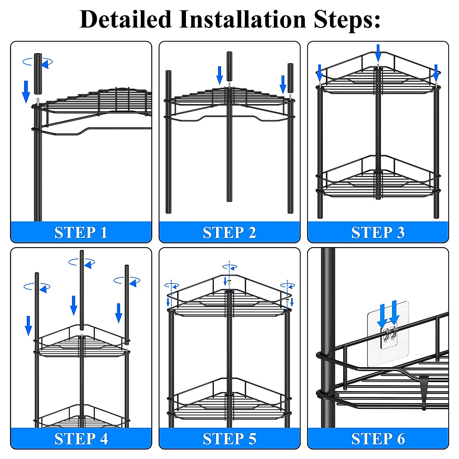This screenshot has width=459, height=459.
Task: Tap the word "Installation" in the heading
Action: [x=243, y=19]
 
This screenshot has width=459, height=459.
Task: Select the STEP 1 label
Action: [x=81, y=233]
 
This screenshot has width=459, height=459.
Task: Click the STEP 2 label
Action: [x=229, y=233]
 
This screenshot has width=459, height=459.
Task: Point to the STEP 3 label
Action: [x=378, y=233]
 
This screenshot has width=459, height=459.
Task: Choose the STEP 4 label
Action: [x=81, y=438]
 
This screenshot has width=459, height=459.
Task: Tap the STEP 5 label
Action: [x=229, y=438]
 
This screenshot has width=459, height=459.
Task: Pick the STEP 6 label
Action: [x=378, y=438]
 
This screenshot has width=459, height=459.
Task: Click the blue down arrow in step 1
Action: [x=26, y=91]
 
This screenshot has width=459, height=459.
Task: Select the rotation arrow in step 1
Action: [x=38, y=62]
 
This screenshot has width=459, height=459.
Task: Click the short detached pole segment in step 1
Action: [x=37, y=74]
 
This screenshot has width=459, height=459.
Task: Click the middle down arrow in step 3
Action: [x=378, y=52]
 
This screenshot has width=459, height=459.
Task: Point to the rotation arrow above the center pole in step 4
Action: [x=82, y=262]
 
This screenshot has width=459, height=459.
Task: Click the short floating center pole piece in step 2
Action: [x=229, y=67]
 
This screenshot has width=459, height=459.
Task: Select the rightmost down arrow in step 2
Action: [x=283, y=84]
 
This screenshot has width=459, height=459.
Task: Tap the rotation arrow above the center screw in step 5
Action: [x=229, y=267]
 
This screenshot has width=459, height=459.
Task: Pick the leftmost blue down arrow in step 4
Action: [x=28, y=325]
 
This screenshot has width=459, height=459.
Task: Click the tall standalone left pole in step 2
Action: [x=168, y=142]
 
